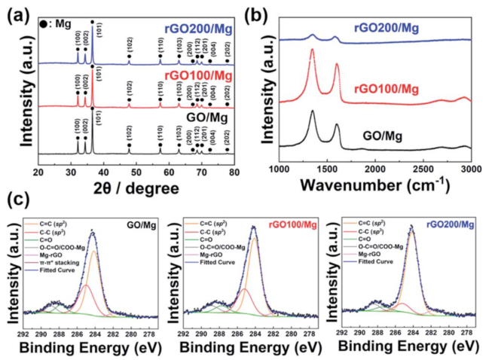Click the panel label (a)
tap(17, 13)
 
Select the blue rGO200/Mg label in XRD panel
tap(196, 31)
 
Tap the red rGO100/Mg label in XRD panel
tap(197, 75)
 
